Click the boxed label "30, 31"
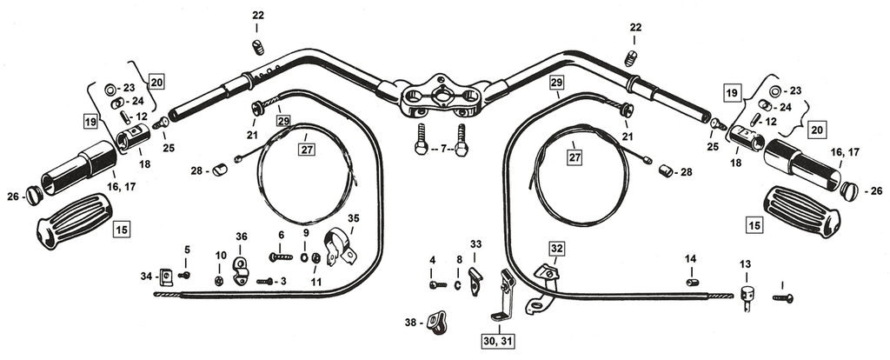click(x=499, y=340)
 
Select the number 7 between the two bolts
click(x=442, y=150)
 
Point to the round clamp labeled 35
click(x=337, y=248)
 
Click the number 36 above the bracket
click(x=241, y=236)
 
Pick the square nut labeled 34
click(x=165, y=277)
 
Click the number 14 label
click(x=690, y=258)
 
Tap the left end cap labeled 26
click(x=34, y=195)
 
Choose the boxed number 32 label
click(x=557, y=248)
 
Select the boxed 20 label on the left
click(x=156, y=83)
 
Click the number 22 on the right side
click(x=634, y=28)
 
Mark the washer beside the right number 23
click(x=772, y=90)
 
